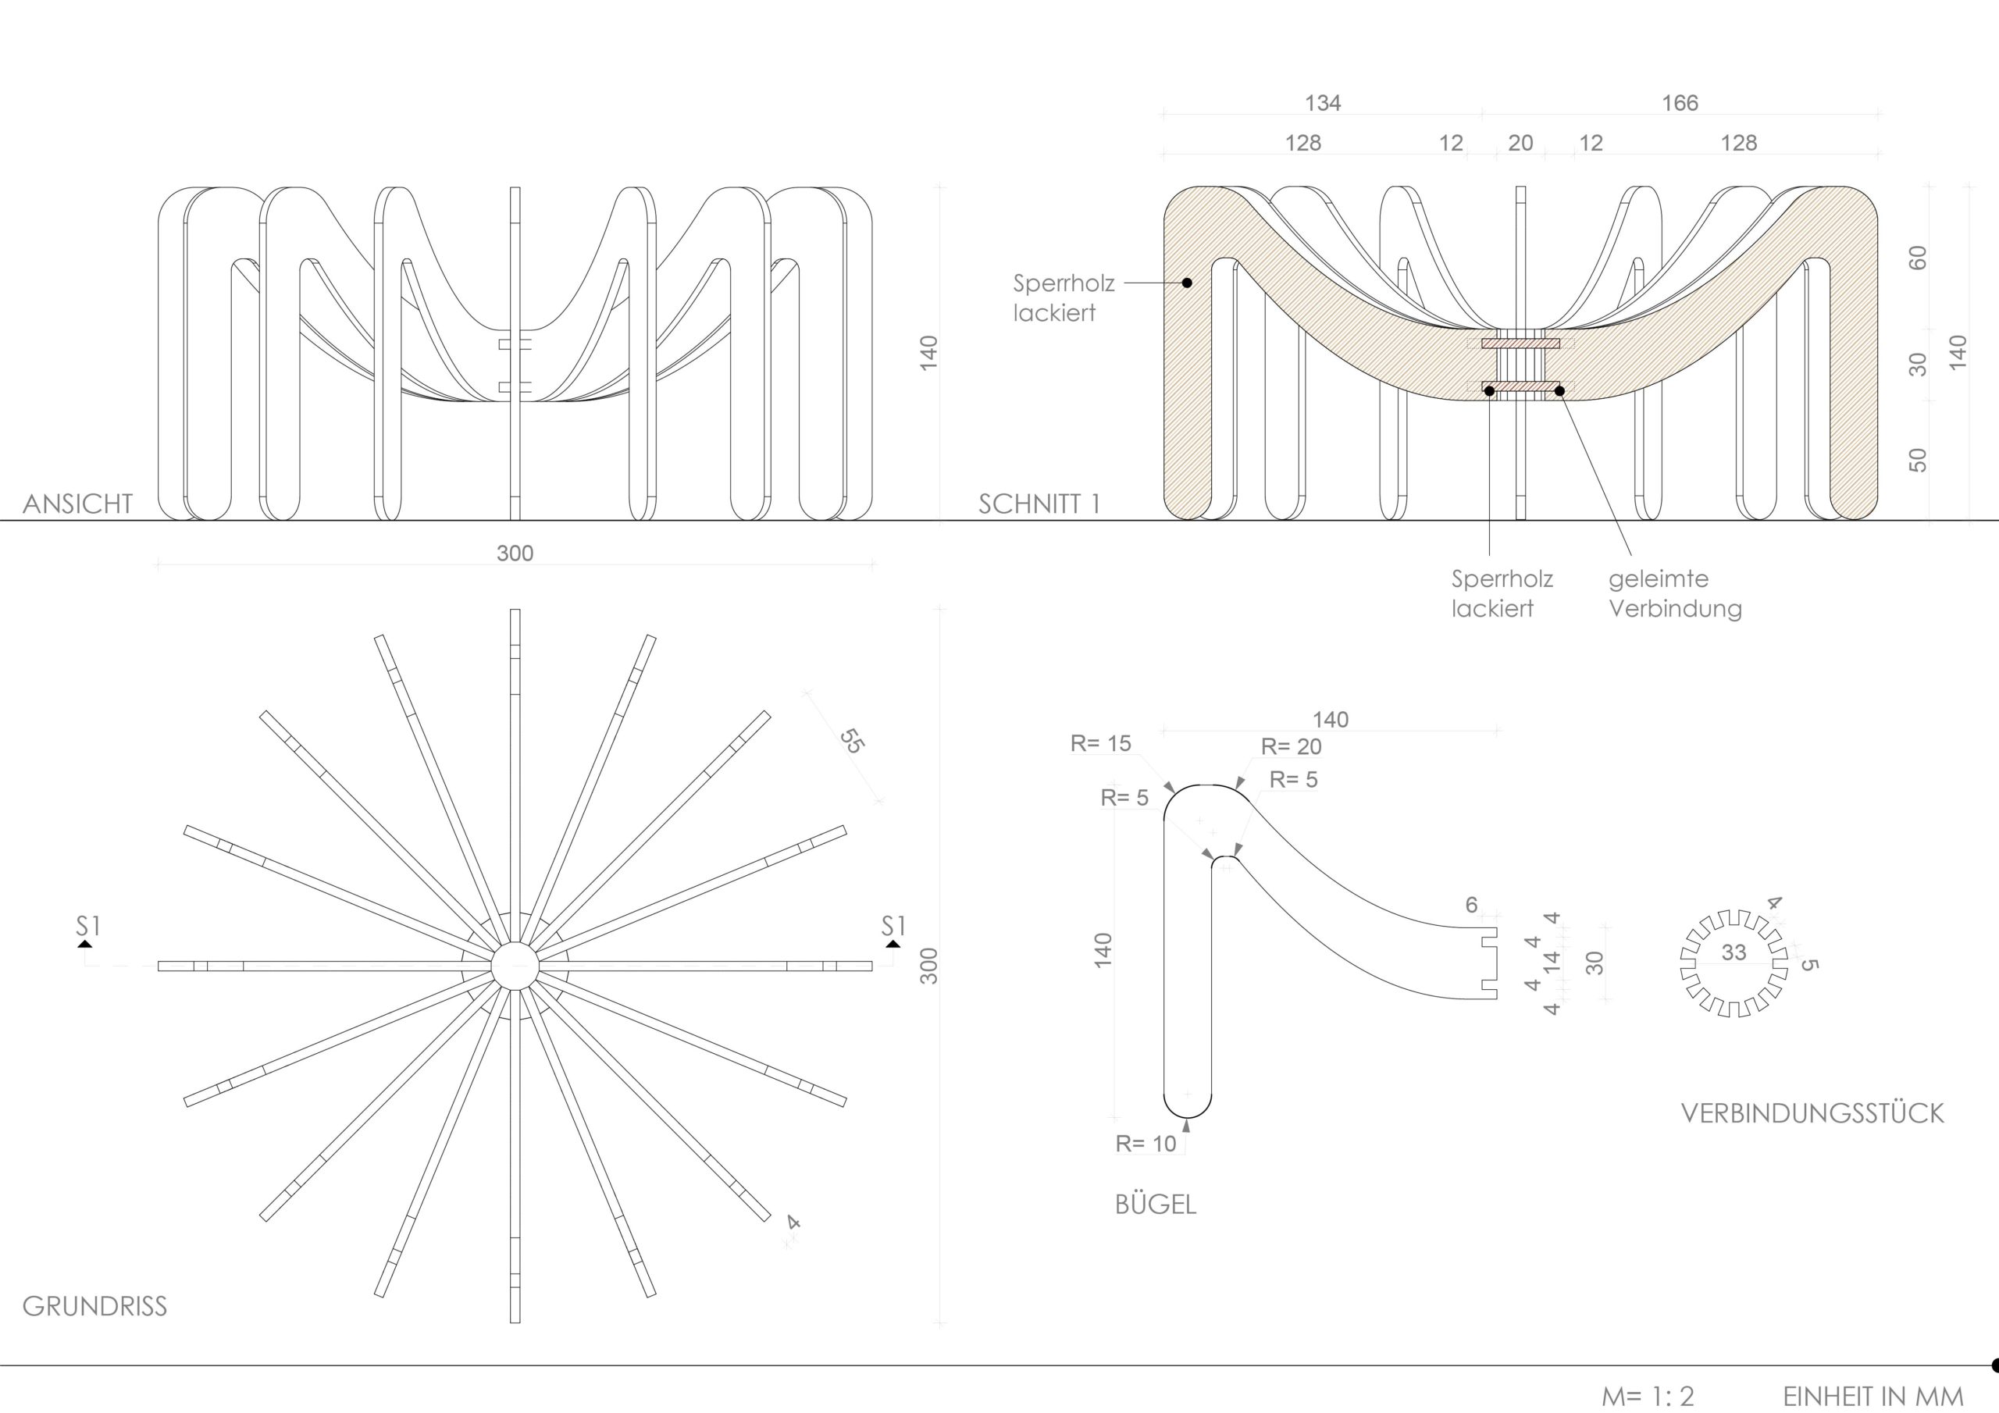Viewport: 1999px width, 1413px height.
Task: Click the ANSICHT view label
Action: tap(77, 504)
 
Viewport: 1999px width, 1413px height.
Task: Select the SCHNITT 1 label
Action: tap(1039, 504)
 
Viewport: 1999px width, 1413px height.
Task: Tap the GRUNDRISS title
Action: tap(94, 1306)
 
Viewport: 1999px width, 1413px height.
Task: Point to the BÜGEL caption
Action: tap(1156, 1205)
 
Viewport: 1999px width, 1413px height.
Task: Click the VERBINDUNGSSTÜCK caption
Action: tap(1812, 1113)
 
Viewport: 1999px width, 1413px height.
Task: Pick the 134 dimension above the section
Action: tap(1323, 104)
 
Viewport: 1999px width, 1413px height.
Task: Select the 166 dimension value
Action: tap(1680, 104)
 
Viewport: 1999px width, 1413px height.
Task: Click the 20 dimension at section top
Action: tap(1520, 144)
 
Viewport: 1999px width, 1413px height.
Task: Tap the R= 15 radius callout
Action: tap(1100, 743)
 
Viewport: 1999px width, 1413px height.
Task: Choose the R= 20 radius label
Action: tap(1292, 747)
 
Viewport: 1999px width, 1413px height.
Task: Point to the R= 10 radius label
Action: tap(1146, 1144)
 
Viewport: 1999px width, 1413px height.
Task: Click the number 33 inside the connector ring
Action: tap(1734, 952)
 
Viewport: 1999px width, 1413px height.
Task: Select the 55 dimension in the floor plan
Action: tap(851, 740)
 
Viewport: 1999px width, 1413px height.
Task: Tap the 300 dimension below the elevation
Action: tap(515, 553)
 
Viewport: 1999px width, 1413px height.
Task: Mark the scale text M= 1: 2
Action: tap(1648, 1396)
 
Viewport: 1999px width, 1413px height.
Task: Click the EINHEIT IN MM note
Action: tap(1873, 1396)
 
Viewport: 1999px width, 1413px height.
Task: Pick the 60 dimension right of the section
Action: tap(1918, 258)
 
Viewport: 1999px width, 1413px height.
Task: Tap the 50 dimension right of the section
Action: tap(1918, 460)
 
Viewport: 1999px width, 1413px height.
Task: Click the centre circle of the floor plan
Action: tap(515, 966)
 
